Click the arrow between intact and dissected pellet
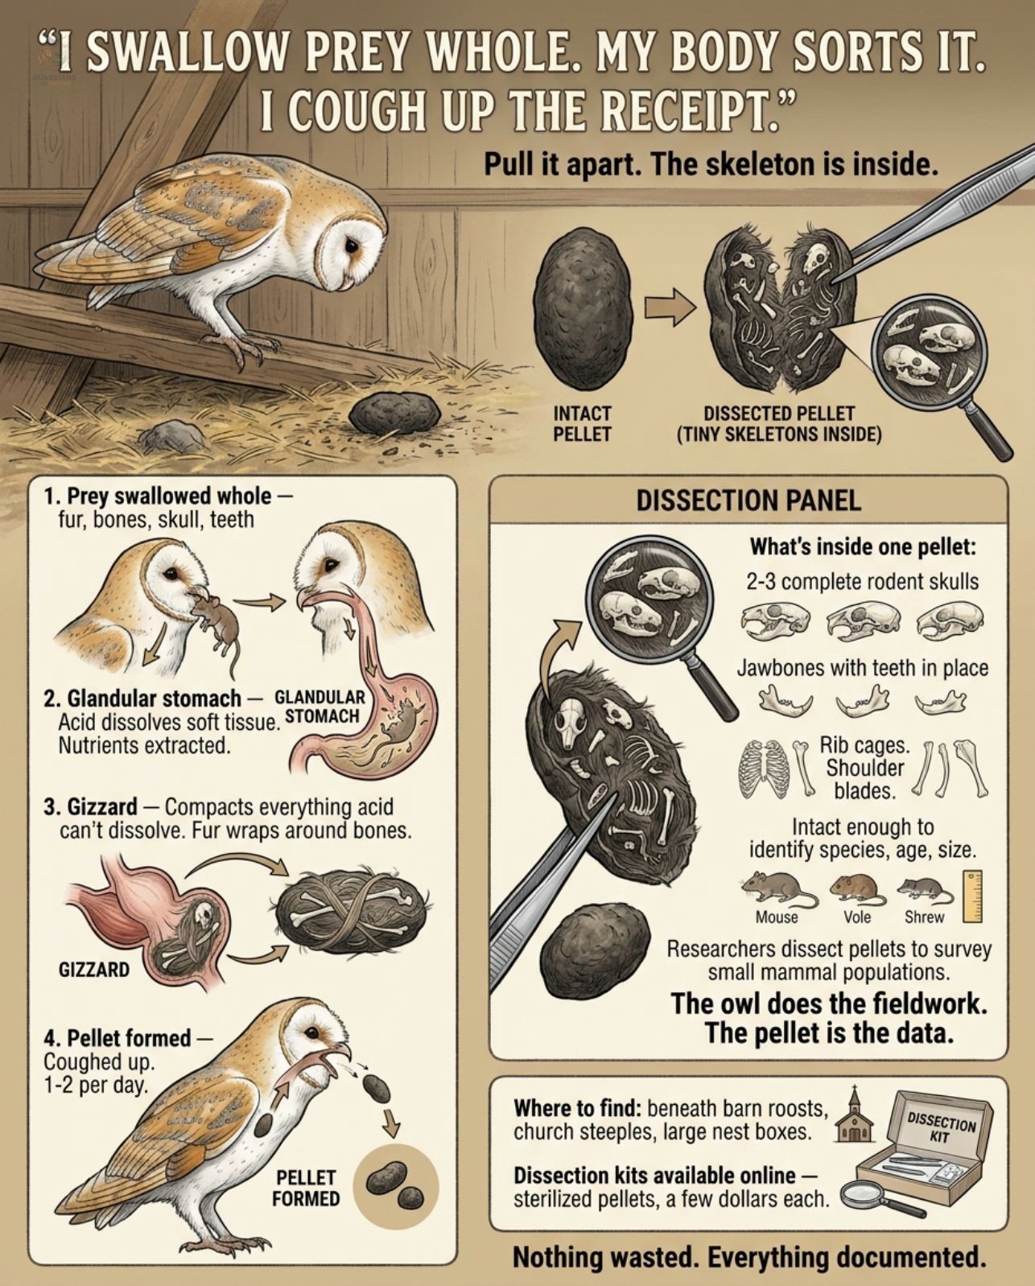[670, 307]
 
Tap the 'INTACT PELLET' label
[581, 423]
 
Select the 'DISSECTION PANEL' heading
[748, 501]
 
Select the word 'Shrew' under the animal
[924, 917]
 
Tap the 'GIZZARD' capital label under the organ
[94, 969]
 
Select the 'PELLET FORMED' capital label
[305, 1189]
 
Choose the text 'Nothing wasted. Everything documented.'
[749, 1256]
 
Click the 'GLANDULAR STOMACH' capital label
[320, 707]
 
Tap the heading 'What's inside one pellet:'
[863, 546]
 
